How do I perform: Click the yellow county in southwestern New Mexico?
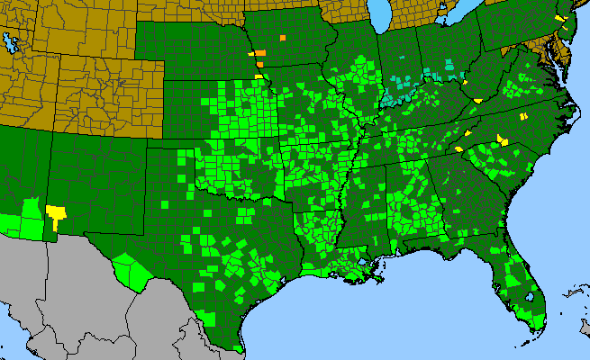click(x=58, y=213)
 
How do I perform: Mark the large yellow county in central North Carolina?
click(x=503, y=139)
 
